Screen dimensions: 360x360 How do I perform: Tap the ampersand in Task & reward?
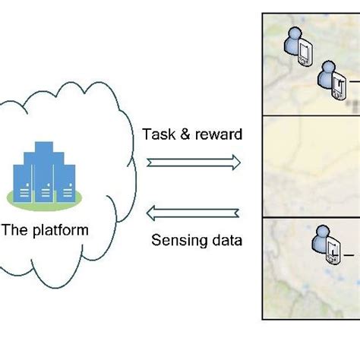pos(182,135)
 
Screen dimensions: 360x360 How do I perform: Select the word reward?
pos(216,135)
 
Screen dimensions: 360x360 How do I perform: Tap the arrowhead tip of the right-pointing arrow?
pos(238,162)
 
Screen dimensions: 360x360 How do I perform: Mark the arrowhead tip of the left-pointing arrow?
pos(149,213)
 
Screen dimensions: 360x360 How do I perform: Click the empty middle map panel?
pos(311,165)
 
